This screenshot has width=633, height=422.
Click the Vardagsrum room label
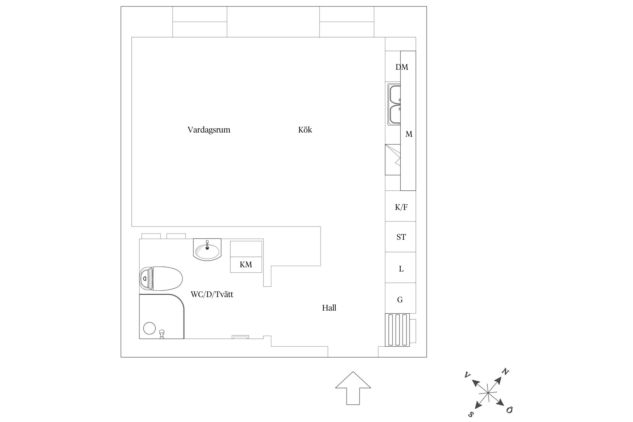tap(209, 130)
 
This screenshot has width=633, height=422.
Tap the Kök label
tap(305, 130)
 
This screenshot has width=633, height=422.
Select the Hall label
tap(329, 308)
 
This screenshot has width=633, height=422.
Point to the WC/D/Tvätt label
tap(212, 295)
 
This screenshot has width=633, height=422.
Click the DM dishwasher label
tap(401, 67)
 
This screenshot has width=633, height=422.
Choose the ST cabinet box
tap(401, 237)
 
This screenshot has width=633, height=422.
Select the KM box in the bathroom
tap(246, 265)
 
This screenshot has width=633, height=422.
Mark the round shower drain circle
tap(149, 328)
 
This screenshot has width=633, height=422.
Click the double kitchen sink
tap(394, 104)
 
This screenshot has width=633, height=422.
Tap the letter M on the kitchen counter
tap(408, 134)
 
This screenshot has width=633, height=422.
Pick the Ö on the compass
tap(509, 410)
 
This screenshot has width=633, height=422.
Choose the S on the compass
tap(471, 414)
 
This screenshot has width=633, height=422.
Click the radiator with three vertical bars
tap(397, 330)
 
